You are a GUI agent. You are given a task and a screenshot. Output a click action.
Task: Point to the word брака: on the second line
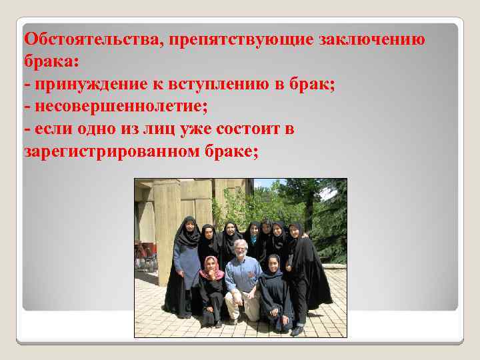[x=51, y=61]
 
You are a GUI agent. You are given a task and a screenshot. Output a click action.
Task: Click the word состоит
[x=254, y=129]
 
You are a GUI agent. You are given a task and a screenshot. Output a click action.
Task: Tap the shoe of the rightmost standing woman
[x=297, y=330]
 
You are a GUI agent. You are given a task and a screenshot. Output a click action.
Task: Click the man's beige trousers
[x=241, y=303]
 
